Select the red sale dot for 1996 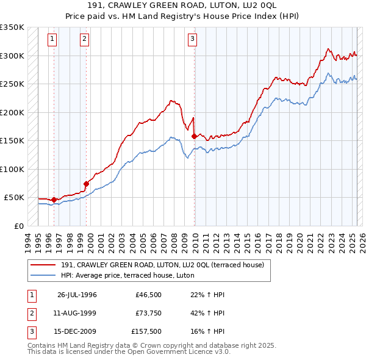click(54, 200)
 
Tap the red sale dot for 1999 click(86, 184)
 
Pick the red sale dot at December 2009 click(194, 136)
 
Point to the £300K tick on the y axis click(12, 56)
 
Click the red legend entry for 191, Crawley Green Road click(162, 265)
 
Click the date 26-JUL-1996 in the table click(77, 295)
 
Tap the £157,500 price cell click(146, 333)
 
